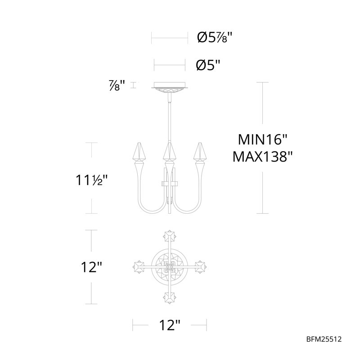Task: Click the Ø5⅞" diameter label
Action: click(215, 37)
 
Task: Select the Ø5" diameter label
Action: click(208, 65)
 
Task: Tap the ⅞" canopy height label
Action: click(117, 85)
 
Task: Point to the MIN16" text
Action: click(262, 139)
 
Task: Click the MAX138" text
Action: click(262, 157)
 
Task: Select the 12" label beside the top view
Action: click(91, 267)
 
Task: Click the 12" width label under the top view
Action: click(170, 325)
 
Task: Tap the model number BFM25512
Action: click(324, 339)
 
